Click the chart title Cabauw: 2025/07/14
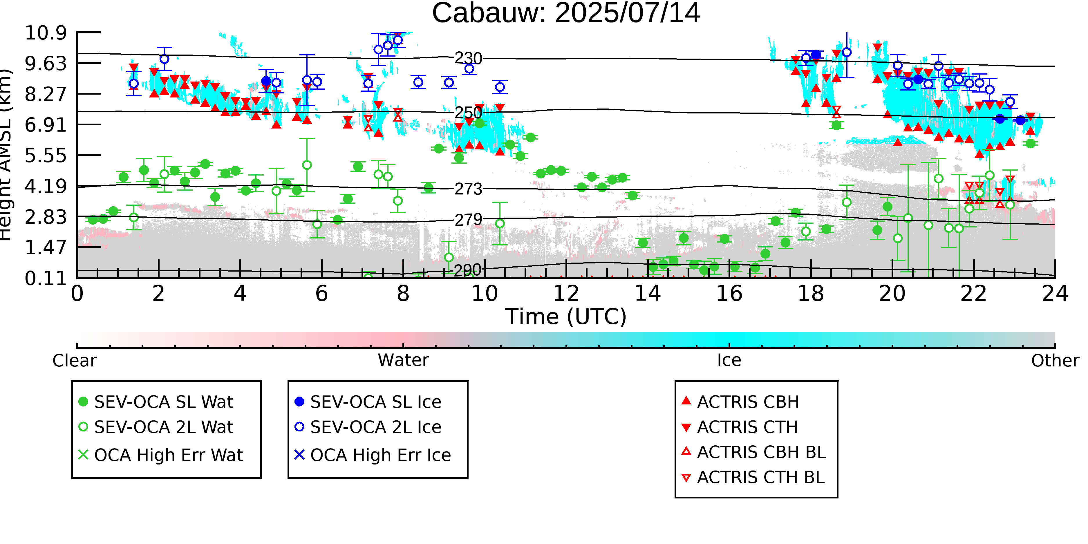point(566,14)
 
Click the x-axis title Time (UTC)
point(566,317)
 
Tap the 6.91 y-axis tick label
point(46,125)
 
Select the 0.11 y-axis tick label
point(46,278)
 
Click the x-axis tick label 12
point(566,294)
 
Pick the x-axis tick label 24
point(1055,294)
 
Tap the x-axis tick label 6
point(321,294)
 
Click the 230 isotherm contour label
point(468,58)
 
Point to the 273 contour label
point(468,189)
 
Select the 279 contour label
point(468,220)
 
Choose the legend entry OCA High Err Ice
point(373,455)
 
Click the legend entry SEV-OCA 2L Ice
point(367,427)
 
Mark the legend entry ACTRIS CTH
point(740,427)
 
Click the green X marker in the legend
point(83,455)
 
